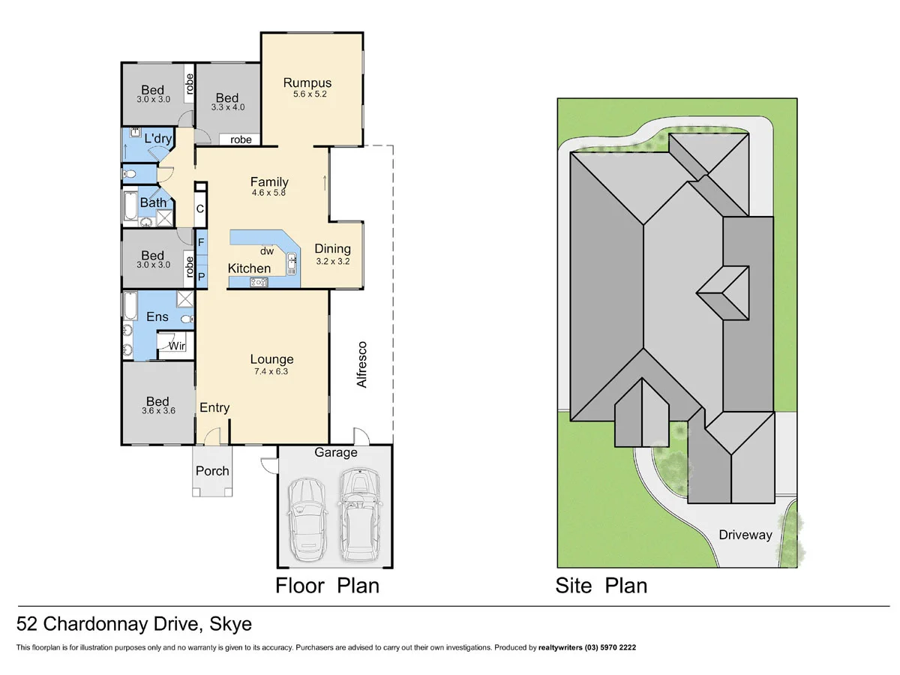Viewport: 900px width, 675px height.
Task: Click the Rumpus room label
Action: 307,83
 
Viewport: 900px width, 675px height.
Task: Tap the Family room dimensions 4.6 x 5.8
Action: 269,193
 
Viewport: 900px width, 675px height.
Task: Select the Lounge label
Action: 271,360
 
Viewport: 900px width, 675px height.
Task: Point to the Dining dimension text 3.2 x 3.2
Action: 332,262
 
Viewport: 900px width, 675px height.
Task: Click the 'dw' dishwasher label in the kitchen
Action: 267,251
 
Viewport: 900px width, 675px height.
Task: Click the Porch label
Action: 212,471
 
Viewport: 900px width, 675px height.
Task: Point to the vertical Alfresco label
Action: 362,364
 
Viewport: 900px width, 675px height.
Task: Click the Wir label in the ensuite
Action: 177,346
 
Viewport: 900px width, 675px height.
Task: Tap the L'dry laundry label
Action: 157,139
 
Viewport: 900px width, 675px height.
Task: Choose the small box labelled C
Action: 200,210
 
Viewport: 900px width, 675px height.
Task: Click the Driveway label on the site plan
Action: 745,535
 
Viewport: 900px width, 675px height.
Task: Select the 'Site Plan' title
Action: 601,585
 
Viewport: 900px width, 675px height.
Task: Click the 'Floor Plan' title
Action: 327,585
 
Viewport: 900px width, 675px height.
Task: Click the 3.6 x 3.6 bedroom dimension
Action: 157,411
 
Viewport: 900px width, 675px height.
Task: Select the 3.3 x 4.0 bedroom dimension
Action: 227,107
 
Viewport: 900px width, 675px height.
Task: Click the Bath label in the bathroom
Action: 154,202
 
